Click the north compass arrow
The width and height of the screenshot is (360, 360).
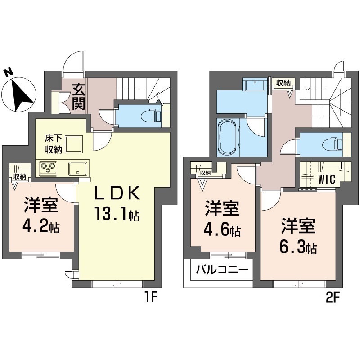pos(21,94)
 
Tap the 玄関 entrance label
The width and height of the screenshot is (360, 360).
pos(79,97)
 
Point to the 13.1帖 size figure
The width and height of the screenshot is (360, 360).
pos(117,213)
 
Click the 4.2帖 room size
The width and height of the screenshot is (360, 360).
pos(41,227)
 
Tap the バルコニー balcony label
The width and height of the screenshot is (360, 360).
pos(222,270)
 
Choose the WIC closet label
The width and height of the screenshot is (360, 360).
pos(327,179)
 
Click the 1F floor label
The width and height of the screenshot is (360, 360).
pos(151,298)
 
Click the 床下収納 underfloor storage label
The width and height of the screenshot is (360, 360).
pos(53,144)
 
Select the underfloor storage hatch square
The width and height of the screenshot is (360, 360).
pos(74,144)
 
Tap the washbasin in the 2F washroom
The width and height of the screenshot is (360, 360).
pos(255,85)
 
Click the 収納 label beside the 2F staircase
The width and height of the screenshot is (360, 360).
pos(283,83)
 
